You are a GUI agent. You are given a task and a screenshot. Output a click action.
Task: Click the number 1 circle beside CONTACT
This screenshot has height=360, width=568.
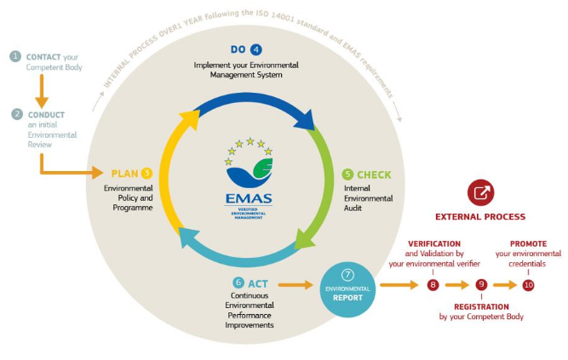coord(15,56)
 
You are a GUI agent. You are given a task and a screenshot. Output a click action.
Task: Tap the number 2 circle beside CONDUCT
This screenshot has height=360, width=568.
coord(17,114)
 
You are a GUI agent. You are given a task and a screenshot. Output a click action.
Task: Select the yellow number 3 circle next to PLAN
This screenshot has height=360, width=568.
coord(146,173)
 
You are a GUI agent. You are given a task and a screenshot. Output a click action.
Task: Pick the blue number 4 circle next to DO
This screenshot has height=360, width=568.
coord(256,49)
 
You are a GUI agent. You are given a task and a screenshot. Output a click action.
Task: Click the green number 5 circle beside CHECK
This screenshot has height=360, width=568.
coord(347,174)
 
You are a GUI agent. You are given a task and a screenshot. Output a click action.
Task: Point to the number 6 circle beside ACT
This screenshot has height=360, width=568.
coord(238,283)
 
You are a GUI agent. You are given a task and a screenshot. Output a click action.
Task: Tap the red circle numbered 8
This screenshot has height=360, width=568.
coord(433,285)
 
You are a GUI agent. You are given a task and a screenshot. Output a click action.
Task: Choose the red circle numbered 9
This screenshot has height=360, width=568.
coord(481,284)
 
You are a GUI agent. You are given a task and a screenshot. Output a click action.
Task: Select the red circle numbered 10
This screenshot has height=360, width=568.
coord(528,285)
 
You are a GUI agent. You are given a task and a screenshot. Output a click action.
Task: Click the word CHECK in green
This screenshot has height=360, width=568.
coord(374,175)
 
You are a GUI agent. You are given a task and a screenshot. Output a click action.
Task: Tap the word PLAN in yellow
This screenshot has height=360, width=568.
coord(124,174)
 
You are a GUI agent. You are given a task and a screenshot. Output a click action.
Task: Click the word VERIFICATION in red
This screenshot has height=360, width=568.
coord(434,243)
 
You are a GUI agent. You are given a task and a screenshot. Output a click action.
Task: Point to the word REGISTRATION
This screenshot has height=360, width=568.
coord(481,306)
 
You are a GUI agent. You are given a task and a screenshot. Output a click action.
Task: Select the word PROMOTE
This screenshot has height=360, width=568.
coord(528,243)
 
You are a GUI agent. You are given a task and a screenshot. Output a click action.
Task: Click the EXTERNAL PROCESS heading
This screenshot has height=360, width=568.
coord(480,217)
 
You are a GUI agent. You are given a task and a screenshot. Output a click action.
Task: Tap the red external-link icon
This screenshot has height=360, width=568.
coord(480,192)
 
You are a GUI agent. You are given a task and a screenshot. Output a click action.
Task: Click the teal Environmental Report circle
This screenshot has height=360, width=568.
coord(347,289)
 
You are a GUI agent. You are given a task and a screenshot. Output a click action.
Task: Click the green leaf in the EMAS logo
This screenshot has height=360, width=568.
coord(263,169)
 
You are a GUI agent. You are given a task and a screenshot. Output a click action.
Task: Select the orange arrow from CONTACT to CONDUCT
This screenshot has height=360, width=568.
coord(42,91)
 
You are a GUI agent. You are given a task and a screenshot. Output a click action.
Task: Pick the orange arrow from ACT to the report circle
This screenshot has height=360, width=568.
coord(295,284)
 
